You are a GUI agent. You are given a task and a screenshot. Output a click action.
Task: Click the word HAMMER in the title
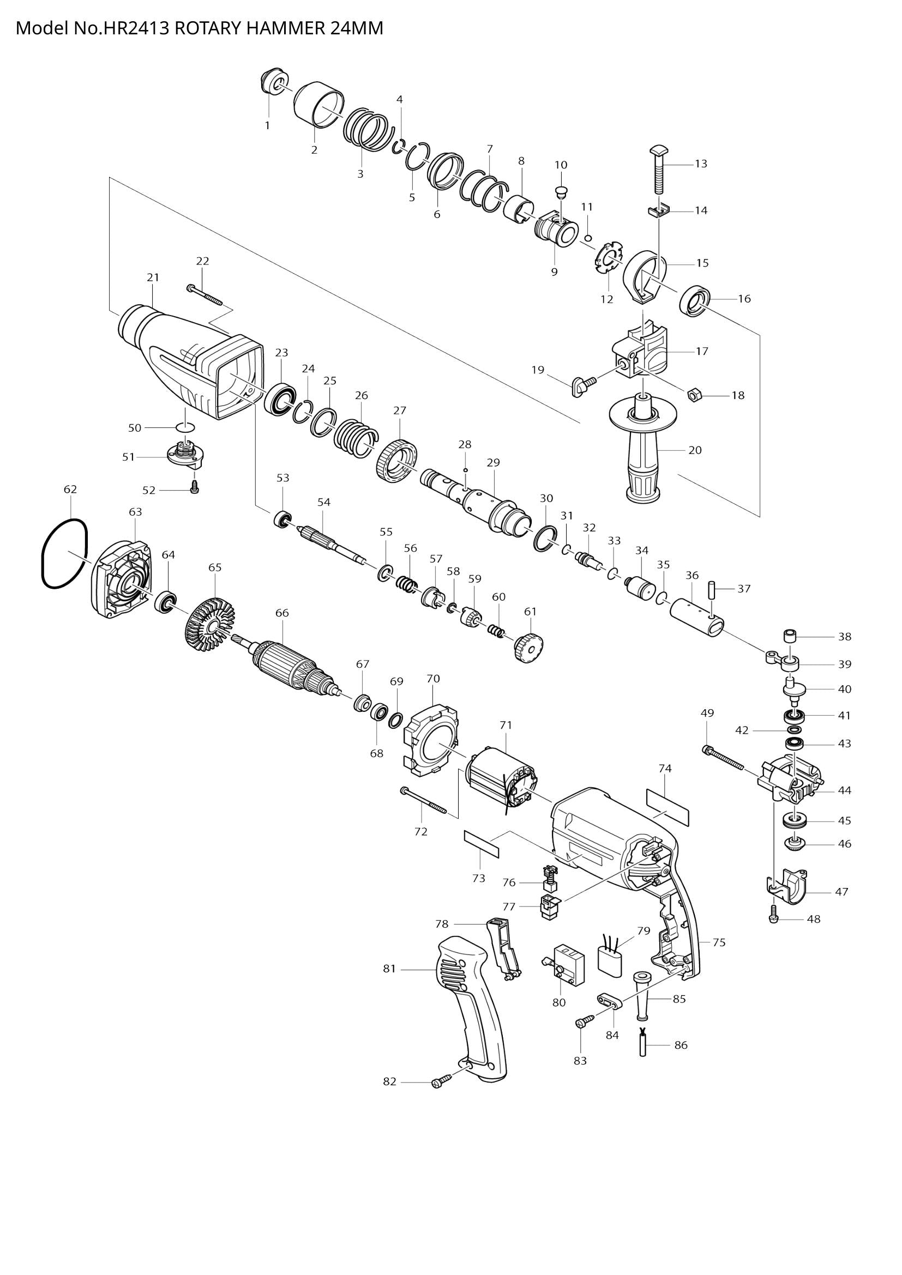(x=282, y=28)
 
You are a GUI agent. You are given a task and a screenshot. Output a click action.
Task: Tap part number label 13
(x=701, y=164)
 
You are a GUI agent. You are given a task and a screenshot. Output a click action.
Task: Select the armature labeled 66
(x=289, y=666)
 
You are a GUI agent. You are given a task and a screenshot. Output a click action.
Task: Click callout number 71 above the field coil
(x=506, y=724)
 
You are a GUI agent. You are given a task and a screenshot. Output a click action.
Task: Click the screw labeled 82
(x=439, y=1081)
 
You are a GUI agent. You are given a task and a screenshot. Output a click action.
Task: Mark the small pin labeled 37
(x=711, y=589)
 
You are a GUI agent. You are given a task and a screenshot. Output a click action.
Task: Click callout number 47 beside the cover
(x=841, y=891)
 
